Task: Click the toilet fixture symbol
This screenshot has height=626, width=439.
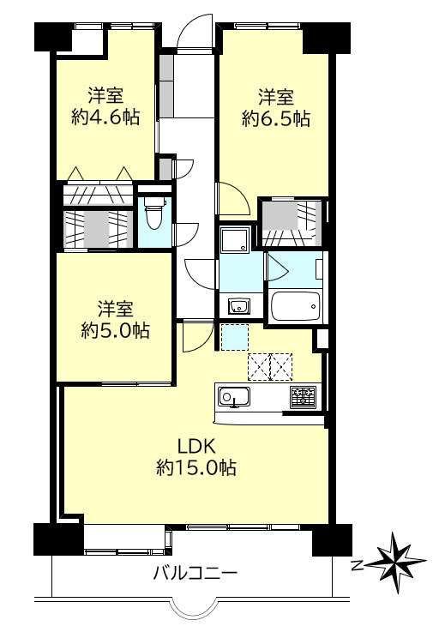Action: click(x=153, y=212)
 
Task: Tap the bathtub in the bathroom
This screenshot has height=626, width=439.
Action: click(x=296, y=306)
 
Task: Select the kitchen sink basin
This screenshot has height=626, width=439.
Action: click(x=234, y=397)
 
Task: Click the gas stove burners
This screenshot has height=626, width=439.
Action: click(x=304, y=397)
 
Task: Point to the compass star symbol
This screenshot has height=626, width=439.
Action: click(x=397, y=563)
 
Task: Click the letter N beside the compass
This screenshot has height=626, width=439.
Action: click(x=358, y=565)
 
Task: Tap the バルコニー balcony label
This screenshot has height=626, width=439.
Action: click(x=195, y=574)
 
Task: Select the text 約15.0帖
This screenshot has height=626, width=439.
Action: click(x=196, y=467)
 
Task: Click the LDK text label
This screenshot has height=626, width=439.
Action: click(x=196, y=446)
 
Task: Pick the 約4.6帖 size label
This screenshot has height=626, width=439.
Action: click(x=105, y=117)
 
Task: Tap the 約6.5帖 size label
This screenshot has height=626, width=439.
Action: click(x=276, y=118)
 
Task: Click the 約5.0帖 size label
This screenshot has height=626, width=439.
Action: click(x=116, y=330)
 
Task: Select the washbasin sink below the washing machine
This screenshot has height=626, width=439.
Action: click(x=239, y=306)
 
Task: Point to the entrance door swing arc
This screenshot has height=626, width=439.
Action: click(x=195, y=32)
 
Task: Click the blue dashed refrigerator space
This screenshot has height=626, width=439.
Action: click(x=235, y=338)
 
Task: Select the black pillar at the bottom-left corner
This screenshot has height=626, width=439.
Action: click(x=58, y=539)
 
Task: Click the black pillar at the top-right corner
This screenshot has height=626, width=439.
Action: click(x=327, y=38)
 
